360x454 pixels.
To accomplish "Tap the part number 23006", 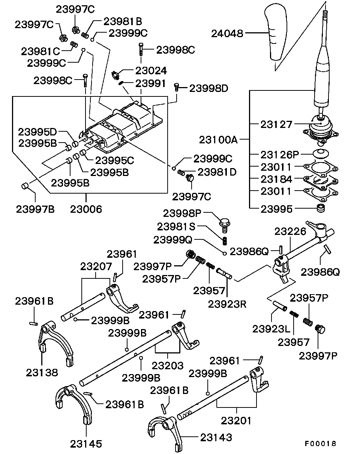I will tap(86, 209).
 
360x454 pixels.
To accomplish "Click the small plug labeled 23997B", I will tap(25, 186).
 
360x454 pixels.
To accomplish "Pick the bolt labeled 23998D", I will tap(176, 87).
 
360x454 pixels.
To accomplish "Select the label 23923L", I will tap(271, 329).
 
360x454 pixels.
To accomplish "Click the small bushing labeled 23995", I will tap(321, 208).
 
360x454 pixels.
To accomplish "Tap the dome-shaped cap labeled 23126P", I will tap(321, 153).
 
